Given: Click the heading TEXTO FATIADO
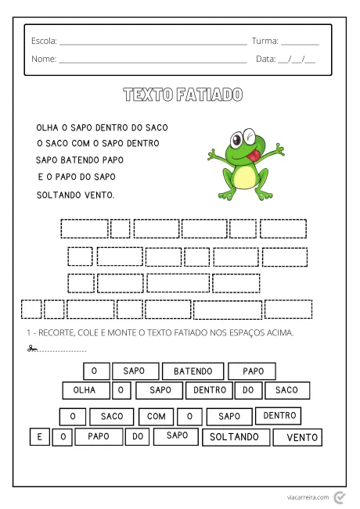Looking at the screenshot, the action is [182, 95].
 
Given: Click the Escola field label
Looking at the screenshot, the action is [44, 41].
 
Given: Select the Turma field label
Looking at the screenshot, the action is [265, 41].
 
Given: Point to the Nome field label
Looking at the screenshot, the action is [44, 59].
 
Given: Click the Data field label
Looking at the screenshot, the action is [266, 59].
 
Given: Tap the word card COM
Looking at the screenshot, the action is [155, 417].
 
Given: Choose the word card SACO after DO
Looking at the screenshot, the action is [286, 389].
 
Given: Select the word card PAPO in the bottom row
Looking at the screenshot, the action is [99, 436].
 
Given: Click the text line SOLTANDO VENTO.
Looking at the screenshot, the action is [75, 194].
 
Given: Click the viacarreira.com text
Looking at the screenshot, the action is [306, 496].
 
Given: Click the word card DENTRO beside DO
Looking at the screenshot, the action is [210, 389].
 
